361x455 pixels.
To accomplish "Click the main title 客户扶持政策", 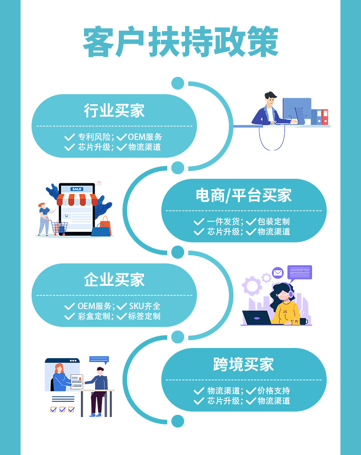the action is click(x=180, y=43).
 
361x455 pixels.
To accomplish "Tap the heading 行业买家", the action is click(x=114, y=111).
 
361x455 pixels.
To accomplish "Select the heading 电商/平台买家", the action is click(x=244, y=196).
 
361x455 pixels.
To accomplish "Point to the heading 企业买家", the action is click(x=114, y=280).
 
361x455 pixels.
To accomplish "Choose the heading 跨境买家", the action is click(x=244, y=364).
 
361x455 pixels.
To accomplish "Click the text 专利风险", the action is click(x=95, y=137).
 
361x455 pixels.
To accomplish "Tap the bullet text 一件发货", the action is click(x=223, y=221).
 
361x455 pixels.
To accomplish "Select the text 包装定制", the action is click(x=274, y=221).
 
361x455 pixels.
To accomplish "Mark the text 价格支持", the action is click(x=274, y=391).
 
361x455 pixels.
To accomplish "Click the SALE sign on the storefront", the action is click(x=76, y=189).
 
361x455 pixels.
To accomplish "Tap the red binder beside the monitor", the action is click(x=325, y=117).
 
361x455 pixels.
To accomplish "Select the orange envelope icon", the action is click(x=278, y=273).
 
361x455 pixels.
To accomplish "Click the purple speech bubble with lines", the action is click(x=300, y=272).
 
